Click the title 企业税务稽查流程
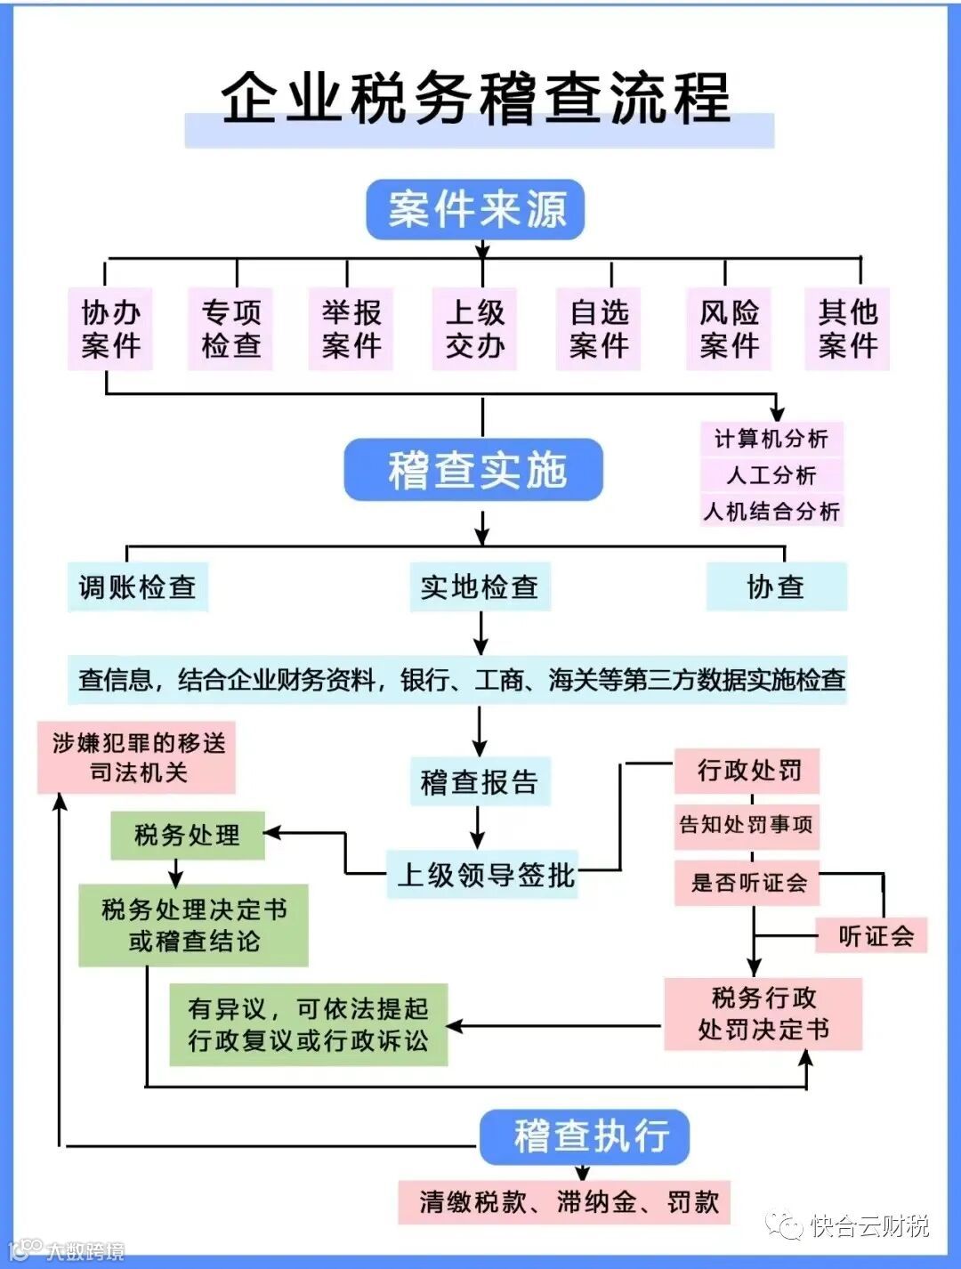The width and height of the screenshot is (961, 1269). coord(478,98)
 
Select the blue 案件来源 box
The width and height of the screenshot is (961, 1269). coord(475,210)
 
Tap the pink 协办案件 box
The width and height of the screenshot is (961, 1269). coord(110,328)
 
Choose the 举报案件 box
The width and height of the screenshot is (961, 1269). coord(351,328)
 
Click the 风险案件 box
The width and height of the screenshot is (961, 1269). coord(729,328)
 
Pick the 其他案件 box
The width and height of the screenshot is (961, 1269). coord(847,328)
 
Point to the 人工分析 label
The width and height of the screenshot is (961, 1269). coord(771,475)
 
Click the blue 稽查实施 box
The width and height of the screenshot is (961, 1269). coord(474,470)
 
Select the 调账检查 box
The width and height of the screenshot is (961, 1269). coord(138,586)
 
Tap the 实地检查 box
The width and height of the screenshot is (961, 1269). coord(480,586)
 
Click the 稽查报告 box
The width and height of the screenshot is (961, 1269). coord(480,782)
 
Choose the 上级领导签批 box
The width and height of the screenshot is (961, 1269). coord(483,875)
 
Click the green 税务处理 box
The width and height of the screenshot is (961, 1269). coord(188,835)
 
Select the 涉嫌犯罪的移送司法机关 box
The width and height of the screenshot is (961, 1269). coord(136,757)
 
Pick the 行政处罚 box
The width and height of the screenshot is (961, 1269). coord(747,771)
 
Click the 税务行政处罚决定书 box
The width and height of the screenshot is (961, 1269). coord(763,1014)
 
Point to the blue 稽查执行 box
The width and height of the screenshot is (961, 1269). coord(585,1136)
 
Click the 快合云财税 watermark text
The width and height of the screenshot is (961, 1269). coord(868,1226)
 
